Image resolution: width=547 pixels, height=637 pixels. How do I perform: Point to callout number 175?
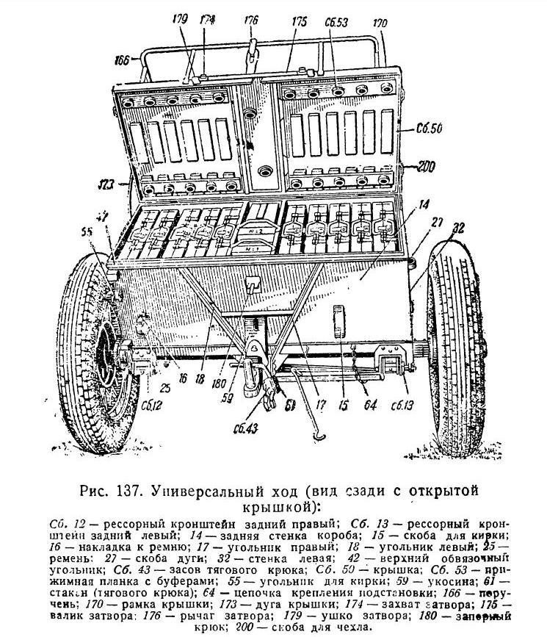point(299,24)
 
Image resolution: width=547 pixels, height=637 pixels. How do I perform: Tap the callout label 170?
point(380,24)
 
